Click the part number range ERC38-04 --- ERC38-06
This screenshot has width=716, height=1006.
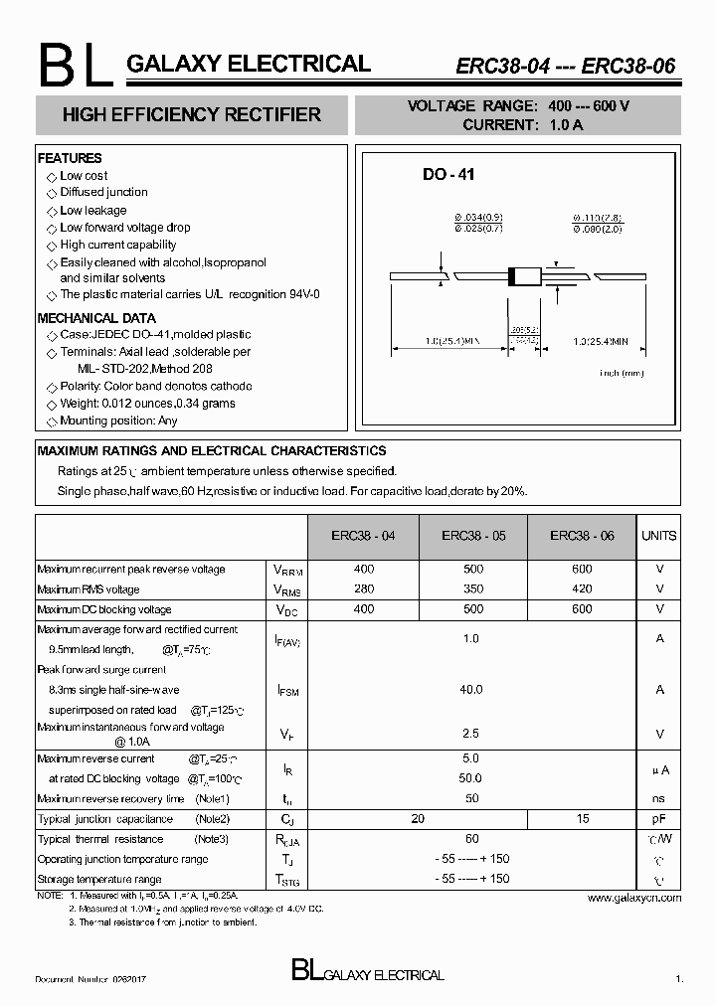pos(565,67)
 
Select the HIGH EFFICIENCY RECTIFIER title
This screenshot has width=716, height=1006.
pos(192,115)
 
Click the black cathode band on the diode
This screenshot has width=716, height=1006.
pos(513,275)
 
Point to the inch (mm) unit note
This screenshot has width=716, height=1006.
pos(622,373)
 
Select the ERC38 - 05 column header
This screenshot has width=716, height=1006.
pos(473,536)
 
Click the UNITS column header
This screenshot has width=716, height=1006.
pos(658,536)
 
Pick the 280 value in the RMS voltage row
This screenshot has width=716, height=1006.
pos(363,589)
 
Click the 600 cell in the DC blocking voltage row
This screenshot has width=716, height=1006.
pos(582,609)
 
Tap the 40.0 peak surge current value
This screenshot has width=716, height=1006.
pos(471,689)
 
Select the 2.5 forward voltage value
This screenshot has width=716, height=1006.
pos(471,734)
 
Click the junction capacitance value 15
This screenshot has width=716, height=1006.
pos(582,819)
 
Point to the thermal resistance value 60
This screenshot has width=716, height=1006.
pos(471,839)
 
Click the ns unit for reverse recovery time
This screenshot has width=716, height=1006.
pos(659,798)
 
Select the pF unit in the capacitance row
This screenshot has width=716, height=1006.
pos(659,819)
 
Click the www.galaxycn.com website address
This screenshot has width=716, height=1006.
pos(634,898)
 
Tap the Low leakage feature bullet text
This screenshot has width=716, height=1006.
pos(92,211)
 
